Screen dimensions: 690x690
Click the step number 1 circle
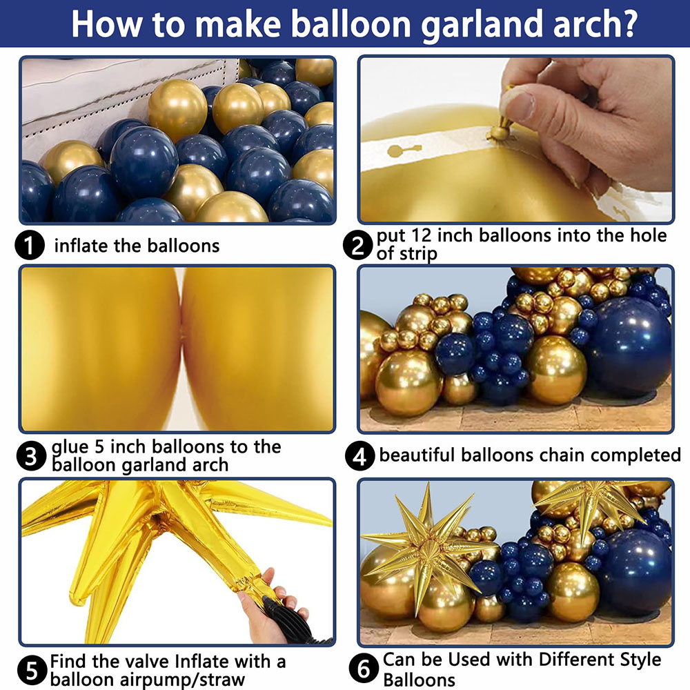tap(30, 246)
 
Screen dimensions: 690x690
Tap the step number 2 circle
tap(357, 245)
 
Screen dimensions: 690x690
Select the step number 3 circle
tap(30, 457)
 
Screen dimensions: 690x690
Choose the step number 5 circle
tap(30, 670)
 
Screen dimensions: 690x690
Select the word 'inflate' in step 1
tap(81, 245)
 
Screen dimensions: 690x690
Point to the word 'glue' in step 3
tap(72, 447)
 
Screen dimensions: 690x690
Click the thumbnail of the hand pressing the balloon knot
tap(515, 139)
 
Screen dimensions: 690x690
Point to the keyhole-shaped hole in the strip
tap(398, 150)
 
